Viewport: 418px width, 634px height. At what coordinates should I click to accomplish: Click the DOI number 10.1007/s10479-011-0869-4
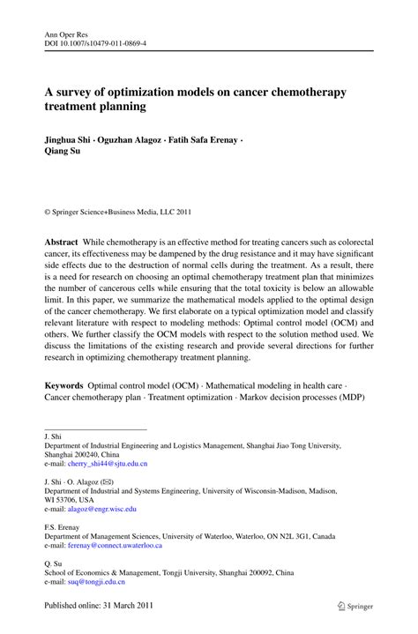106,45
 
